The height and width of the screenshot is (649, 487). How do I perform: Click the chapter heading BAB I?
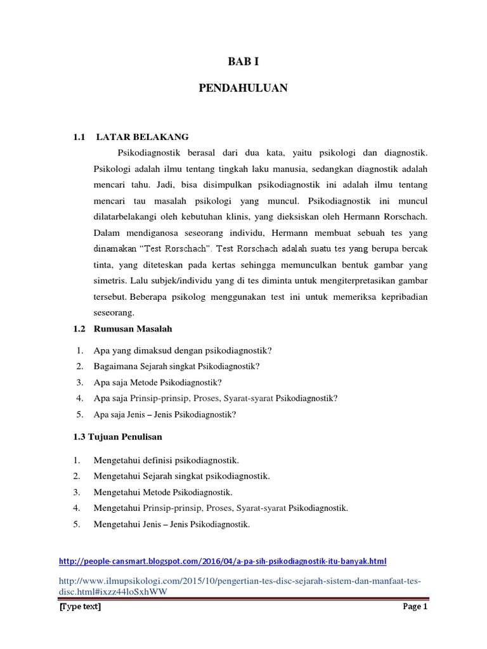coord(243,61)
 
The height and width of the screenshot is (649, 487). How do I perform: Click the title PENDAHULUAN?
coord(243,88)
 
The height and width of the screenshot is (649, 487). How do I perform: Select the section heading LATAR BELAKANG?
coord(142,136)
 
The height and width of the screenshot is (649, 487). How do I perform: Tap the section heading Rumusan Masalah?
coord(133,329)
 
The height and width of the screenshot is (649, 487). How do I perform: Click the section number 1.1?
coord(79,136)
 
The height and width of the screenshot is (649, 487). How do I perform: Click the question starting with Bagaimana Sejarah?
coord(177,366)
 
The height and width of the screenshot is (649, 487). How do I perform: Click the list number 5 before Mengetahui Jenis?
coord(77,524)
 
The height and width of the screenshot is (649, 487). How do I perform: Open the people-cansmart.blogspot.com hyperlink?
coord(222,561)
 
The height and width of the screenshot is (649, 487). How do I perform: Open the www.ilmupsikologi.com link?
coord(240,581)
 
